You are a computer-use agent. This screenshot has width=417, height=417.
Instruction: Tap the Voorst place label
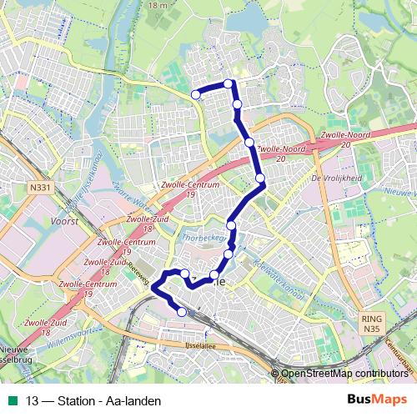point(64,221)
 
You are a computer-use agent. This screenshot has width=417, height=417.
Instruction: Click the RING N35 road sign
point(370,323)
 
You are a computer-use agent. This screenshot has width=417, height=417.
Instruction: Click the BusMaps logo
point(378,399)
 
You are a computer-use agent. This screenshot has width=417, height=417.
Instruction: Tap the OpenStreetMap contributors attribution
point(344,374)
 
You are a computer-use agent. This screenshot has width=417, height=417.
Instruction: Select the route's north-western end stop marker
point(196,95)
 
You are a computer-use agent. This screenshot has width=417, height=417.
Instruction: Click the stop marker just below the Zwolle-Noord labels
point(261,178)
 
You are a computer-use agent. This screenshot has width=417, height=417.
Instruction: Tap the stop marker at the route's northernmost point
point(229,83)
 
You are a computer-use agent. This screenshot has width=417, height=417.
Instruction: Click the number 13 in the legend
point(33,401)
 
